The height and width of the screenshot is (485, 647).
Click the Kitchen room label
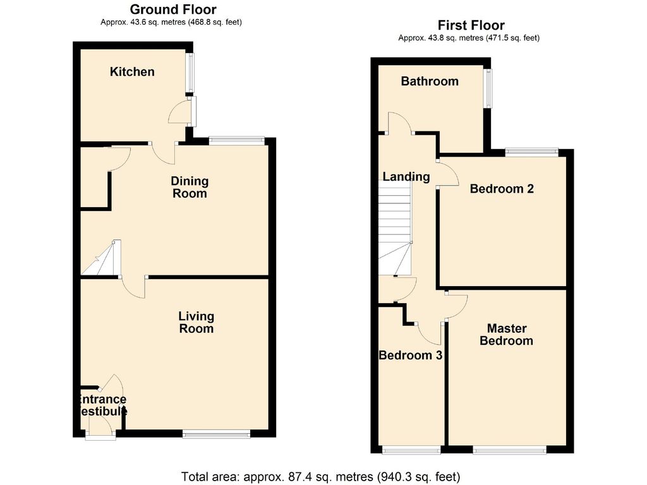132,72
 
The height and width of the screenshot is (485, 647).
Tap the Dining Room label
190,188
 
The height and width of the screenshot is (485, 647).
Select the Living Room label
196,322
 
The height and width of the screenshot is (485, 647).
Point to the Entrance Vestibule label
101,405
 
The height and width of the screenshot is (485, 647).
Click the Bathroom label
430,81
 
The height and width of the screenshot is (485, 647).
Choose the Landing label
406,177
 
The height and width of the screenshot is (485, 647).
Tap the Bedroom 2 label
502,189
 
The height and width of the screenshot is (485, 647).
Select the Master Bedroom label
506,335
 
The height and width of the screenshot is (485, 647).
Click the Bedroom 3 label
410,356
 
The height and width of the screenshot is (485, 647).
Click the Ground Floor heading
172,9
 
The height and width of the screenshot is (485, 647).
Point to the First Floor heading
471,25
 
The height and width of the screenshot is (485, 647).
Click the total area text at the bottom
320,476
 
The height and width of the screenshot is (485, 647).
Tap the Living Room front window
216,434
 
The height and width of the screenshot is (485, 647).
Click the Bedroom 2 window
531,152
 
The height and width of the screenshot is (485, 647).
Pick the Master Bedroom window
509,450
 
